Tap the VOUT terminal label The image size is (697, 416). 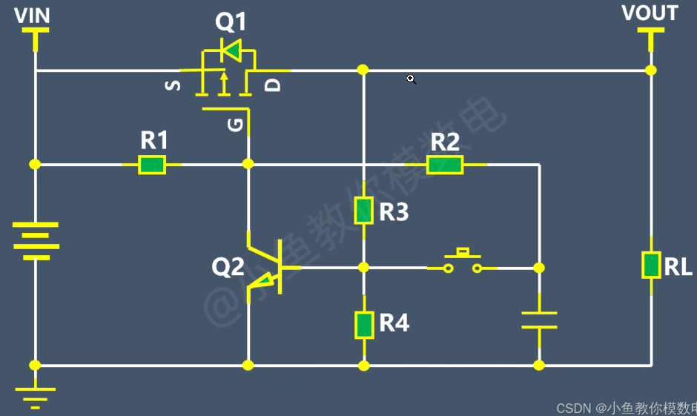coord(650,13)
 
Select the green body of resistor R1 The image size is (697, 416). coord(152,165)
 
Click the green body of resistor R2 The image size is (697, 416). coord(445,165)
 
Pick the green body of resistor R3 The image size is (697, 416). coord(363,211)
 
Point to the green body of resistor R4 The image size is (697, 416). coord(363,325)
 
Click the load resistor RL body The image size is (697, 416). coord(651,265)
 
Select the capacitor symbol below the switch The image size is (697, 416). coord(539,320)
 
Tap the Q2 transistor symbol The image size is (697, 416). coord(267,267)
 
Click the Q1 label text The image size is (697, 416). coord(231,22)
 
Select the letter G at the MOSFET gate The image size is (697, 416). coord(236,125)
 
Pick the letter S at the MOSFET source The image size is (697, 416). coord(173,85)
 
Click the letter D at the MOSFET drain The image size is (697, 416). coord(274,85)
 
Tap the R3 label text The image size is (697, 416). coord(394,213)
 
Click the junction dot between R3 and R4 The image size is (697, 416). coord(363,267)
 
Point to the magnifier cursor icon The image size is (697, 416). coord(411,79)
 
